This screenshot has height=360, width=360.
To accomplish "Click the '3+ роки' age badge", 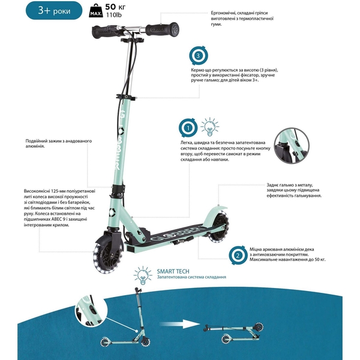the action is [54, 11].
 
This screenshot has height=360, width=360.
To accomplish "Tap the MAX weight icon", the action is [96, 11].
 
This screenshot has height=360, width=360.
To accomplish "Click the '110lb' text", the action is [113, 15].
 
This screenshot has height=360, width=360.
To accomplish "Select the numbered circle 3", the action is [199, 56].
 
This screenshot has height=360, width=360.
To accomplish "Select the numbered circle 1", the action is [188, 128].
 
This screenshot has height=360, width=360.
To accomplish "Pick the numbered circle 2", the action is [238, 256].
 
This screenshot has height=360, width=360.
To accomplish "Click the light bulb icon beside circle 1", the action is [209, 127].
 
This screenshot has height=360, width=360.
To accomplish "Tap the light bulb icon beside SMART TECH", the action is [143, 275].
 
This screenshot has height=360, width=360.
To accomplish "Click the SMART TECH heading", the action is [173, 271].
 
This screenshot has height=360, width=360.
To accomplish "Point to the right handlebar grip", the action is [163, 29].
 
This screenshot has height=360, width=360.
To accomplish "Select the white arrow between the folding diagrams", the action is [180, 325].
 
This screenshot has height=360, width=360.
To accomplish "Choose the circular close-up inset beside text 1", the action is [292, 146].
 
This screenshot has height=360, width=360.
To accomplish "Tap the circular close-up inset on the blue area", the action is [91, 310].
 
